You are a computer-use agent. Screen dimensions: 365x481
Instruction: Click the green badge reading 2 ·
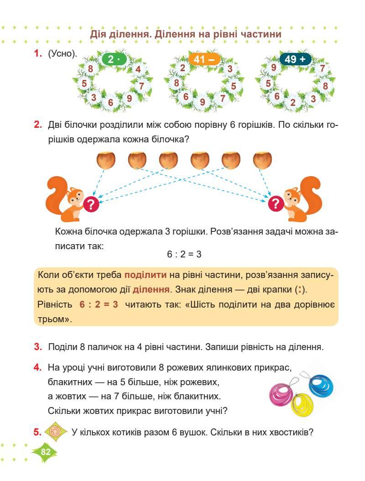(x=113, y=59)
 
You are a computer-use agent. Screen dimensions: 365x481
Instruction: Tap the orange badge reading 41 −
(x=204, y=59)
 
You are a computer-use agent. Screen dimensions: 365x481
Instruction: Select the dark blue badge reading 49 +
(x=295, y=59)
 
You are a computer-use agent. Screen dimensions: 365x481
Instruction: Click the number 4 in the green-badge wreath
(x=138, y=69)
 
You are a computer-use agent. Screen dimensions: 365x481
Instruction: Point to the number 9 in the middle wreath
(x=203, y=101)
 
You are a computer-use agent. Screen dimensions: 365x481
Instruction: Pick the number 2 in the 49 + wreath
(x=293, y=102)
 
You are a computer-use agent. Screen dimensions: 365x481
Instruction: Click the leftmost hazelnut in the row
(x=106, y=160)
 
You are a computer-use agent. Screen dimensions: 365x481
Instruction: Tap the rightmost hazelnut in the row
(x=262, y=160)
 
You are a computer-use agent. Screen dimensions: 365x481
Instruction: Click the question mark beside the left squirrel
(x=91, y=203)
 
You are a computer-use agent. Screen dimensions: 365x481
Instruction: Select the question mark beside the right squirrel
(x=276, y=203)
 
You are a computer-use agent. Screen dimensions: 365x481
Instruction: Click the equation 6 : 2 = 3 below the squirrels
(x=184, y=254)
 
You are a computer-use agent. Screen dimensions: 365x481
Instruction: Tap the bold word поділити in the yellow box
(x=146, y=275)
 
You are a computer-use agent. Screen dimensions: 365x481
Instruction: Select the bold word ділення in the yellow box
(x=151, y=289)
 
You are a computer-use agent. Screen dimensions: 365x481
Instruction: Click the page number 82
(x=45, y=452)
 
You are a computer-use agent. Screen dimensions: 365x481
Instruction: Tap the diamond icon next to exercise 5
(x=56, y=432)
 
